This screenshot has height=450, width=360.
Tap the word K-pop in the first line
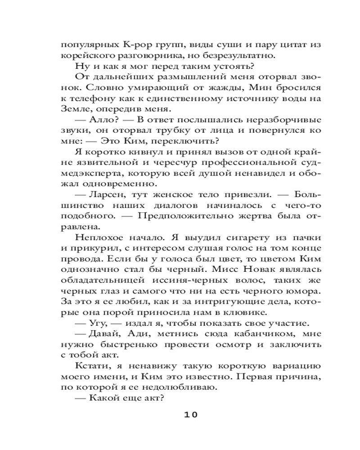(x=135, y=45)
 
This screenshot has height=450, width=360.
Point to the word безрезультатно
(x=244, y=55)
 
